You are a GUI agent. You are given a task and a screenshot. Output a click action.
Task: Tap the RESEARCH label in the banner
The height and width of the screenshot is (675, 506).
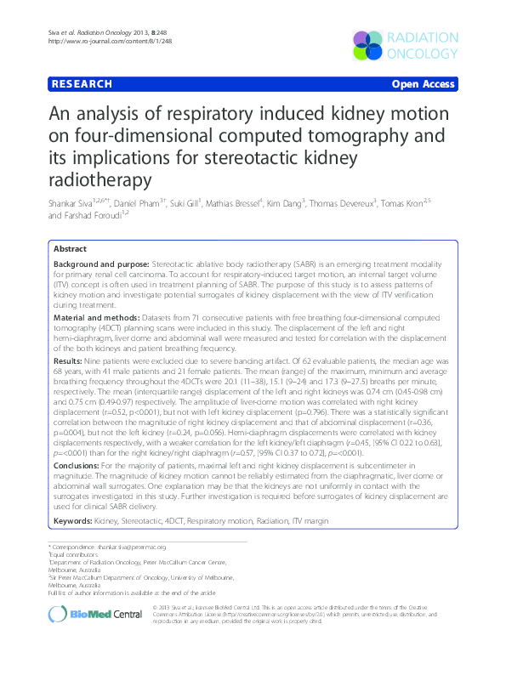pyautogui.click(x=82, y=84)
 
